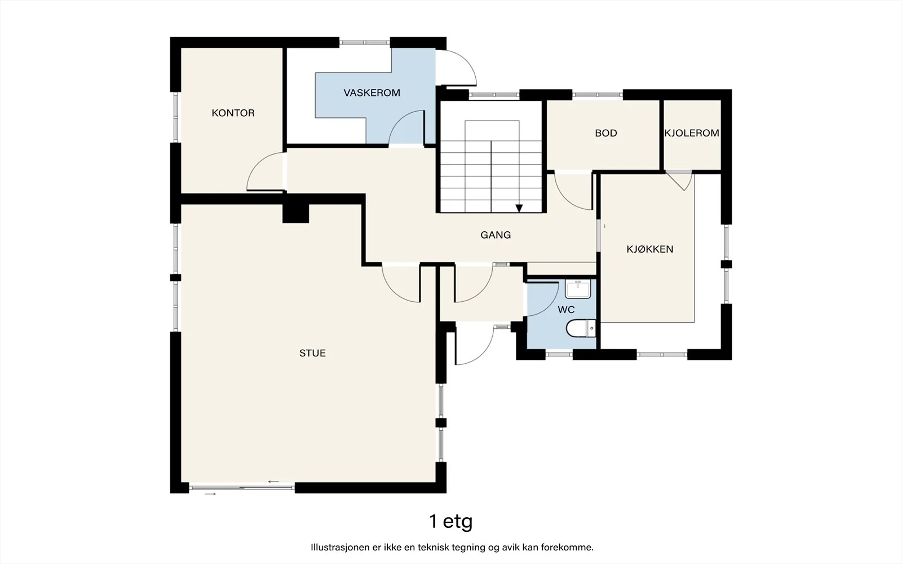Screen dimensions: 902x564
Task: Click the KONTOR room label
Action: coord(233,113)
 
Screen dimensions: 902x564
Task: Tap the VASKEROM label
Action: coord(372,92)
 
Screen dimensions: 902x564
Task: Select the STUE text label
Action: coord(312,353)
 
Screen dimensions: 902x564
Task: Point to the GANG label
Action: coord(496,235)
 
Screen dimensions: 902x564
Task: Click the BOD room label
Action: coord(606,133)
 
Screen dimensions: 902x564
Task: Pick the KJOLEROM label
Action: coord(692,133)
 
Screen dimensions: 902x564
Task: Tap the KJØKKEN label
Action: coord(650,249)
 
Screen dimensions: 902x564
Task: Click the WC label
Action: coord(566,310)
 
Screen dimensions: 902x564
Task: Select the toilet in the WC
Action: coord(581,328)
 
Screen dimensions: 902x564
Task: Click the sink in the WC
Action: coord(578,289)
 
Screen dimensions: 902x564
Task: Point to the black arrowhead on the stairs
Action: coord(519,208)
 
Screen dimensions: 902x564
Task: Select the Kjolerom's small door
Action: coord(679,180)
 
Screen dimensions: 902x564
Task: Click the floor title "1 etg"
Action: coord(451,521)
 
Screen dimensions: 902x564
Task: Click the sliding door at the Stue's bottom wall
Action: coord(242,488)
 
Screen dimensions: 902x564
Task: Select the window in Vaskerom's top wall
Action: coord(364,42)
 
